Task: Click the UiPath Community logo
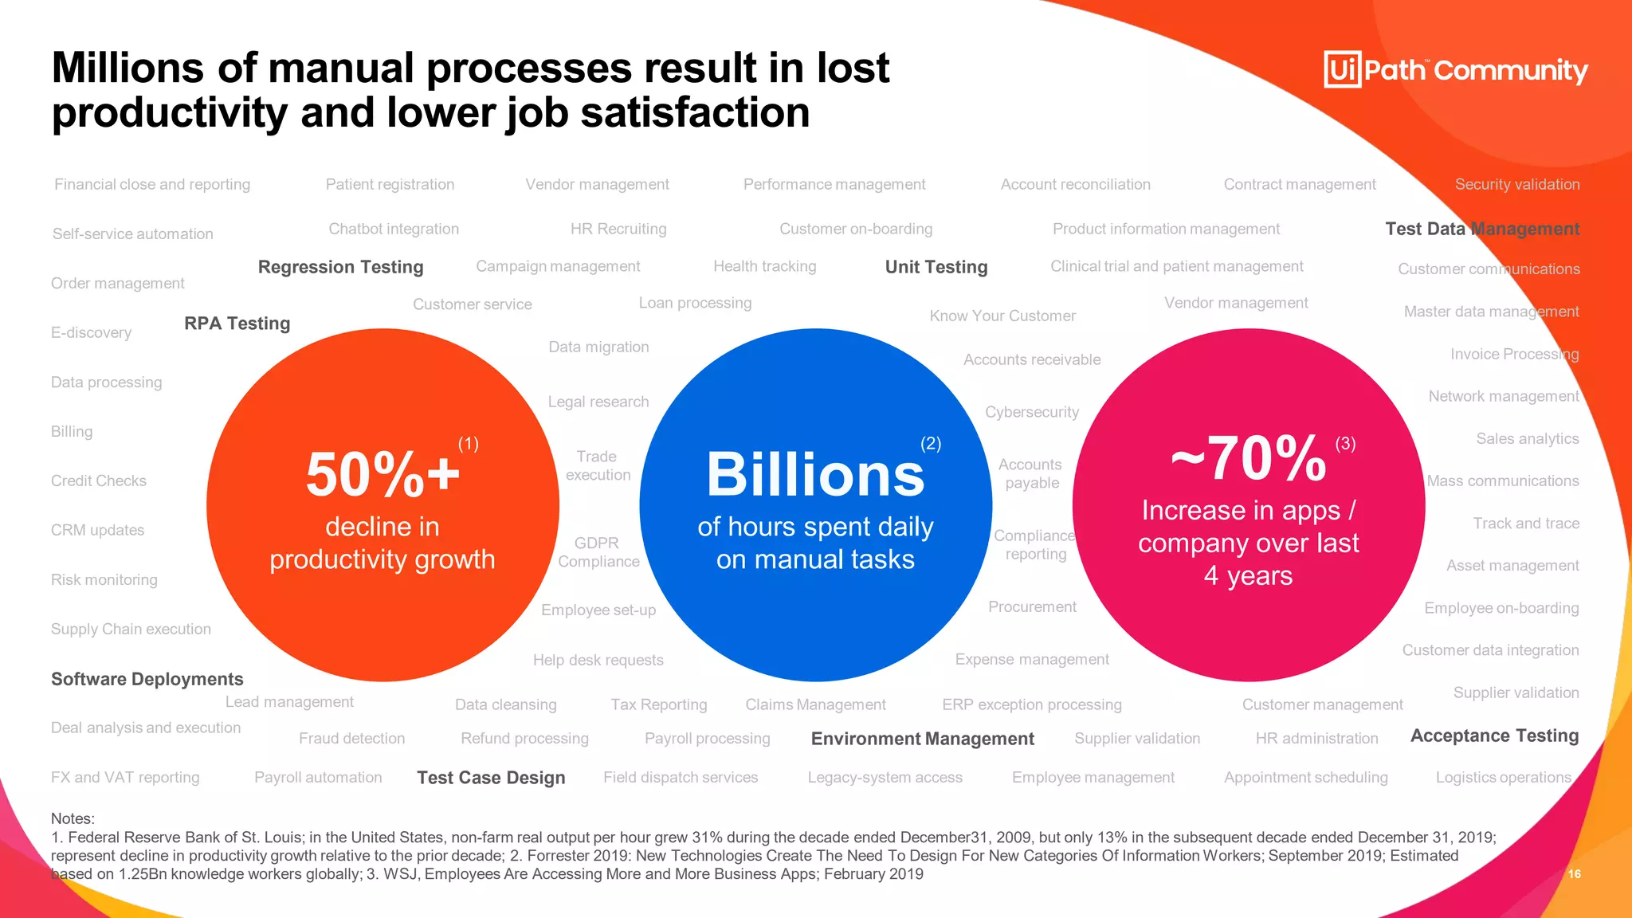pos(1455,70)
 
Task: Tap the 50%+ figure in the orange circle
pos(382,475)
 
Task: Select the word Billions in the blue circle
pos(815,475)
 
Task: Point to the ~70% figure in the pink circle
pos(1249,459)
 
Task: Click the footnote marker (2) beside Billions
pos(931,444)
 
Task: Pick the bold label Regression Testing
pos(340,267)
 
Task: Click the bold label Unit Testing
pos(936,267)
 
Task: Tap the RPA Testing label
pos(237,324)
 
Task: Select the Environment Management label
pos(922,739)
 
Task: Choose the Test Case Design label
pos(491,778)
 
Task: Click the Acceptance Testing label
pos(1494,736)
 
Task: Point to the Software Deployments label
pos(147,679)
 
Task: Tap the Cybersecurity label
pos(1031,412)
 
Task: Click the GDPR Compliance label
pos(598,552)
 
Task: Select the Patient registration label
pos(390,184)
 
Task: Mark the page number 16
pos(1574,874)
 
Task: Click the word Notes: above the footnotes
pos(73,818)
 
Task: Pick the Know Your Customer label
pos(1002,316)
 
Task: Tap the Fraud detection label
pos(351,739)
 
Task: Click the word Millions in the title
pos(127,68)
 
